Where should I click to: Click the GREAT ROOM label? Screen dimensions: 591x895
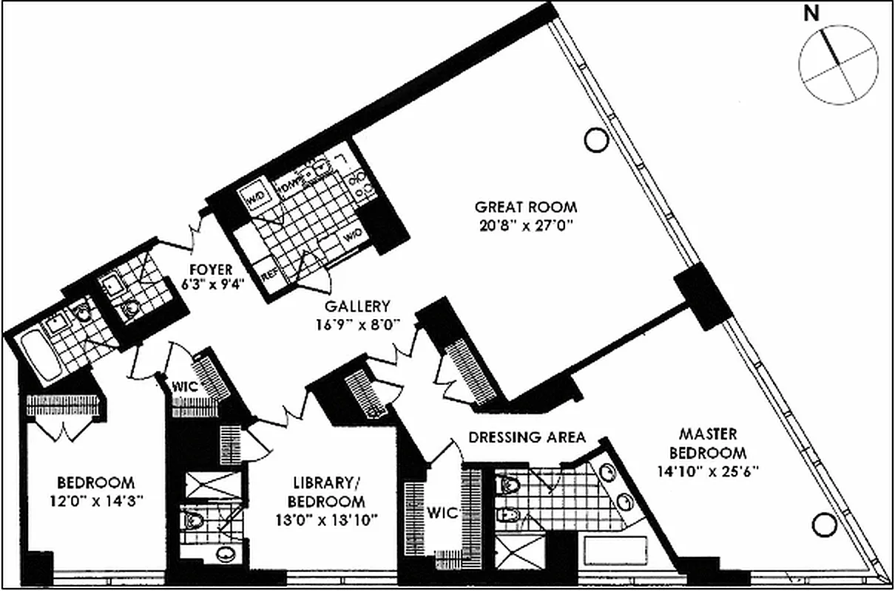tap(526, 207)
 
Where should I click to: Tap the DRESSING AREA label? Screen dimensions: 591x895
tap(527, 437)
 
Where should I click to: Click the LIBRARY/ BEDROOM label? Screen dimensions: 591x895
tap(322, 493)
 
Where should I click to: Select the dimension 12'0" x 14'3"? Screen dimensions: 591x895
tap(96, 500)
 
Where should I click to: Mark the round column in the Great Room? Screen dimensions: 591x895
tap(595, 140)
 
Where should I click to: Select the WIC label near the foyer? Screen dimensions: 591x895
tap(183, 386)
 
